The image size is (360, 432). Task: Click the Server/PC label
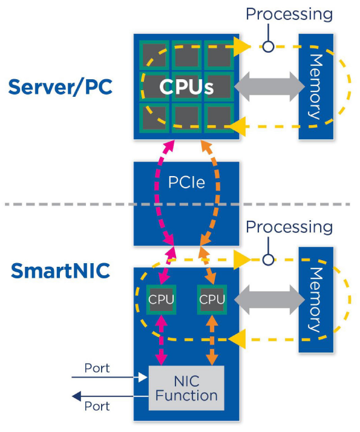pyautogui.click(x=60, y=87)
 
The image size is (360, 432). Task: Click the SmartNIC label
pyautogui.click(x=60, y=270)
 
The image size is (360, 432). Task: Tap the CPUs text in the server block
pyautogui.click(x=186, y=87)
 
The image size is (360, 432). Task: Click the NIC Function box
pyautogui.click(x=186, y=389)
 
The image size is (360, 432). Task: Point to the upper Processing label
pyautogui.click(x=289, y=14)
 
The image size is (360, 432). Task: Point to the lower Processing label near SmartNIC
pyautogui.click(x=289, y=227)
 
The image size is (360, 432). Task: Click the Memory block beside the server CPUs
pyautogui.click(x=316, y=87)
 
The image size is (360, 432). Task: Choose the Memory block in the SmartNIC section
pyautogui.click(x=316, y=299)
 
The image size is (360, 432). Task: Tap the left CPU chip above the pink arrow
pyautogui.click(x=162, y=299)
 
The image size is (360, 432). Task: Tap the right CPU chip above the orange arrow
pyautogui.click(x=212, y=299)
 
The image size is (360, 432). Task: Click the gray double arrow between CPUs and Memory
pyautogui.click(x=269, y=87)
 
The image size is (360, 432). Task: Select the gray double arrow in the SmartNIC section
pyautogui.click(x=269, y=299)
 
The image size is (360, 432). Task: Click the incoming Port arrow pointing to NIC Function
pyautogui.click(x=109, y=378)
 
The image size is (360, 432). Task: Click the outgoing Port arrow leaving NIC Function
pyautogui.click(x=109, y=397)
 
